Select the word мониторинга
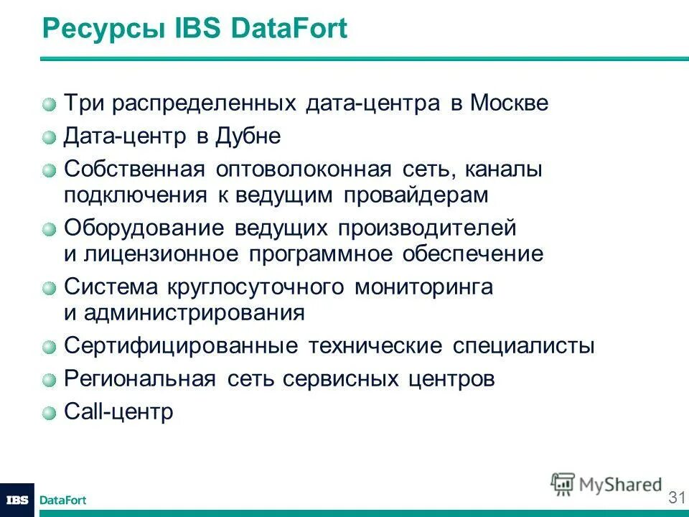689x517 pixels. point(423,287)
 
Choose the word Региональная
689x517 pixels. point(139,379)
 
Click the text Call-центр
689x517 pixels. point(118,412)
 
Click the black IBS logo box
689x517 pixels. point(17,500)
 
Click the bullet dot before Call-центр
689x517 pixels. point(49,413)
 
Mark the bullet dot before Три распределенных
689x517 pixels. point(49,104)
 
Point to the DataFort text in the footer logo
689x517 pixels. point(62,500)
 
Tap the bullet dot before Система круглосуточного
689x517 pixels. point(49,288)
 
